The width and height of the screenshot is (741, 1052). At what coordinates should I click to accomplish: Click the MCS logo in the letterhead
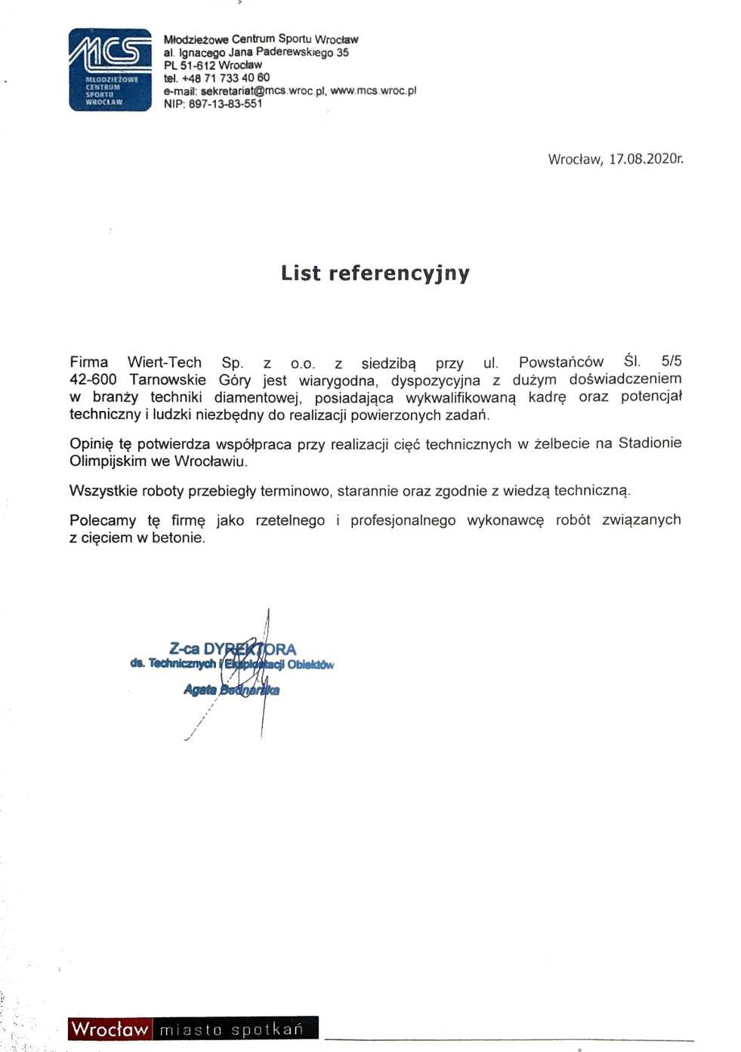tap(110, 69)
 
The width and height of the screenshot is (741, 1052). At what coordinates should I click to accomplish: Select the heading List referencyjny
tap(375, 273)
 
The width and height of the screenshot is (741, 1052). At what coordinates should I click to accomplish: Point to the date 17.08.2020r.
tap(646, 159)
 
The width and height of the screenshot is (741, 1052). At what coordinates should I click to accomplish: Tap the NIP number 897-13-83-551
tap(225, 103)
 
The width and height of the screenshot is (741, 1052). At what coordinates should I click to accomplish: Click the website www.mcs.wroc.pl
tap(373, 91)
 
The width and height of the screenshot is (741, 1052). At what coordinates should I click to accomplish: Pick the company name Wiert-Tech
tap(164, 362)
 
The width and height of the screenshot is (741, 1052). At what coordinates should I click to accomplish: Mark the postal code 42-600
tap(93, 379)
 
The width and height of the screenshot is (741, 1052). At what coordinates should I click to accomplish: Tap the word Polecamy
tap(103, 520)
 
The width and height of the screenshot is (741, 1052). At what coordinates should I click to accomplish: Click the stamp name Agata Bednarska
tap(231, 690)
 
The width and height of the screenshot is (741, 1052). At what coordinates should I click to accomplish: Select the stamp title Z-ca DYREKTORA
tap(233, 649)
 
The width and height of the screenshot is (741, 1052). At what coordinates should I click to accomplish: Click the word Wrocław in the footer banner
tap(110, 1029)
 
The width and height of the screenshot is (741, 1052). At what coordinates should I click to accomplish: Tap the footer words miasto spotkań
tap(231, 1029)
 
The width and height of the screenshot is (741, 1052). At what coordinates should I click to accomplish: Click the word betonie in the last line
tap(178, 538)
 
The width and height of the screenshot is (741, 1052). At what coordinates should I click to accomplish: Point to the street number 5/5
tap(671, 361)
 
